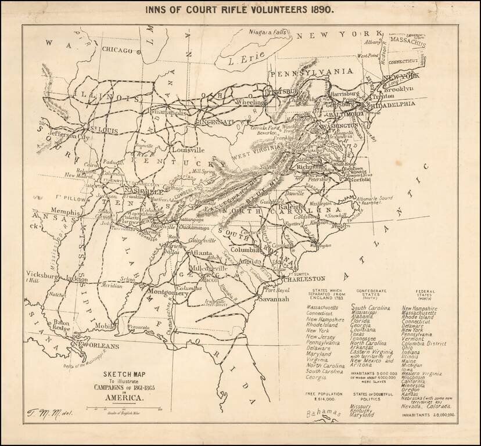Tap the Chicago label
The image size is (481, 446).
[117, 50]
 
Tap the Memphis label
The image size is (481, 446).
[65, 212]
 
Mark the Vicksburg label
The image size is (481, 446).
[42, 277]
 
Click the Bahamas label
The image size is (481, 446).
[322, 413]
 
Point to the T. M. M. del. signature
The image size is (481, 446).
[43, 413]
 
